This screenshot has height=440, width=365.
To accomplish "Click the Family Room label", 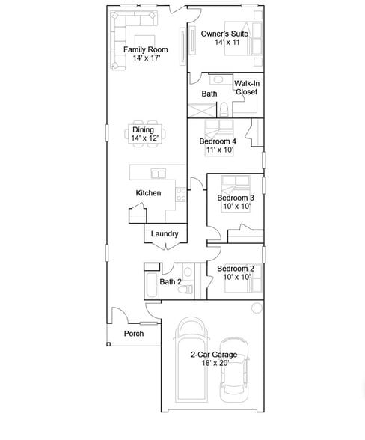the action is [145, 49].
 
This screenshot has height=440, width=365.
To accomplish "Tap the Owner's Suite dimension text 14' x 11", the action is [227, 43].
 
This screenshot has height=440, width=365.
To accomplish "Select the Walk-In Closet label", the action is [247, 88].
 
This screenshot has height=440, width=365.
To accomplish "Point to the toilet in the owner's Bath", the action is [224, 109].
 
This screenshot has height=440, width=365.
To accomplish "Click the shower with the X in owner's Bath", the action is [202, 110].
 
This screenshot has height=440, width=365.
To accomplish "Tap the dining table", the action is [145, 134].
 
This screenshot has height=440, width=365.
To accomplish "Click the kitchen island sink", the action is [159, 174].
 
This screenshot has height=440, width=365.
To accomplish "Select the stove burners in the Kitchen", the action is [181, 195].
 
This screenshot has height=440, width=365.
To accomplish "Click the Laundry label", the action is [165, 234].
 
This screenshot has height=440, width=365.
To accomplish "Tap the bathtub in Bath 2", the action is [152, 285].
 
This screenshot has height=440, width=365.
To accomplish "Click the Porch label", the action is [134, 334].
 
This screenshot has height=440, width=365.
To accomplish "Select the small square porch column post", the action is [108, 344].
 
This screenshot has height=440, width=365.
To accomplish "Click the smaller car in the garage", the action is [233, 370].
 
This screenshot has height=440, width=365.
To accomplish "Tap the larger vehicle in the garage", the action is [191, 359].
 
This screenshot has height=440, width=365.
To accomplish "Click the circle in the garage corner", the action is [257, 308].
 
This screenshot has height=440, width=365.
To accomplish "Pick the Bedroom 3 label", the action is [236, 198].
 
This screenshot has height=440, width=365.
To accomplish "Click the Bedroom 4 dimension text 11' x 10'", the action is [220, 150].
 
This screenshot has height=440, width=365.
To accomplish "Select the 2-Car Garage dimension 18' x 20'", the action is [215, 363].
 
